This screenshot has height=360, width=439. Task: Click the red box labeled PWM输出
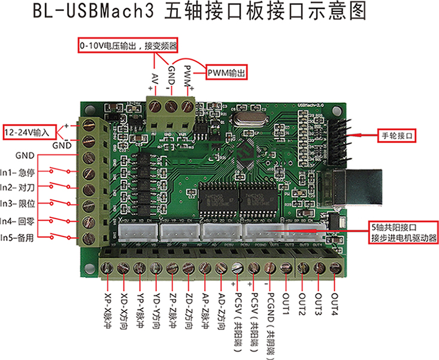[228, 72]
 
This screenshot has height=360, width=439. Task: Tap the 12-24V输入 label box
[29, 131]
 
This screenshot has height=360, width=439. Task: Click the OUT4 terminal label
[334, 297]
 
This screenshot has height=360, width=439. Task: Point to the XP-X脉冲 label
[108, 306]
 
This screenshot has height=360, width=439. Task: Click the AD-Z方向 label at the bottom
[220, 306]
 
